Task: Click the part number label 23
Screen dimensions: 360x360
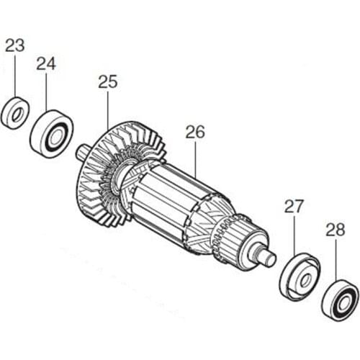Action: pos(14,45)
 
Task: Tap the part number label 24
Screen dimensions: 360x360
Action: pos(46,63)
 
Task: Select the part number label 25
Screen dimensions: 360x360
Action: pos(107,82)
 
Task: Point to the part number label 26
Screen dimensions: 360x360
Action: pos(195,132)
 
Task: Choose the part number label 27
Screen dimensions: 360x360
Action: pos(294,207)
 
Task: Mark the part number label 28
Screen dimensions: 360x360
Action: pos(336,231)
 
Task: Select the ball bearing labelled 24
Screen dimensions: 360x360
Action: pos(52,134)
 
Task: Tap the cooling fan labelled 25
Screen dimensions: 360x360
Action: pos(119,173)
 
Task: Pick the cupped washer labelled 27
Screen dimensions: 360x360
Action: pos(299,275)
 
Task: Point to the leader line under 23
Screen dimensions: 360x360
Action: pos(14,76)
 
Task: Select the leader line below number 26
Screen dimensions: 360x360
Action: pos(195,158)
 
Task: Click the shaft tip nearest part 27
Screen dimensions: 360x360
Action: pos(268,256)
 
